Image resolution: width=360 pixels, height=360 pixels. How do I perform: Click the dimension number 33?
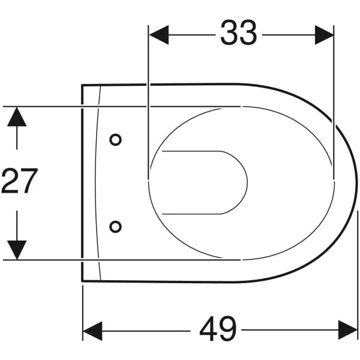(x=238, y=32)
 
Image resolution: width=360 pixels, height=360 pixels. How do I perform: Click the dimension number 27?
(x=19, y=181)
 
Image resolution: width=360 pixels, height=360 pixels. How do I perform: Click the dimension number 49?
(x=218, y=329)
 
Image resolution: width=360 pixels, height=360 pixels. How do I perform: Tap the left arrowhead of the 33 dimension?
(x=159, y=35)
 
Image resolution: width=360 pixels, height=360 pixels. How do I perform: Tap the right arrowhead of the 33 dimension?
(x=324, y=35)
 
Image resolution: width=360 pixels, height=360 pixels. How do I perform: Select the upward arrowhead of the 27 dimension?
(x=17, y=116)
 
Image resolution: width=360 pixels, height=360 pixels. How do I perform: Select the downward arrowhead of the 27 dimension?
(x=17, y=250)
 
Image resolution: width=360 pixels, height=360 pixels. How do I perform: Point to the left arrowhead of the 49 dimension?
(x=92, y=331)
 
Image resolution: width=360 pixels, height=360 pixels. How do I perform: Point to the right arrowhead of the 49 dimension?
(x=348, y=330)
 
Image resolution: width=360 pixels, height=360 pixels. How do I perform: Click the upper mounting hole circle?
(x=115, y=140)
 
